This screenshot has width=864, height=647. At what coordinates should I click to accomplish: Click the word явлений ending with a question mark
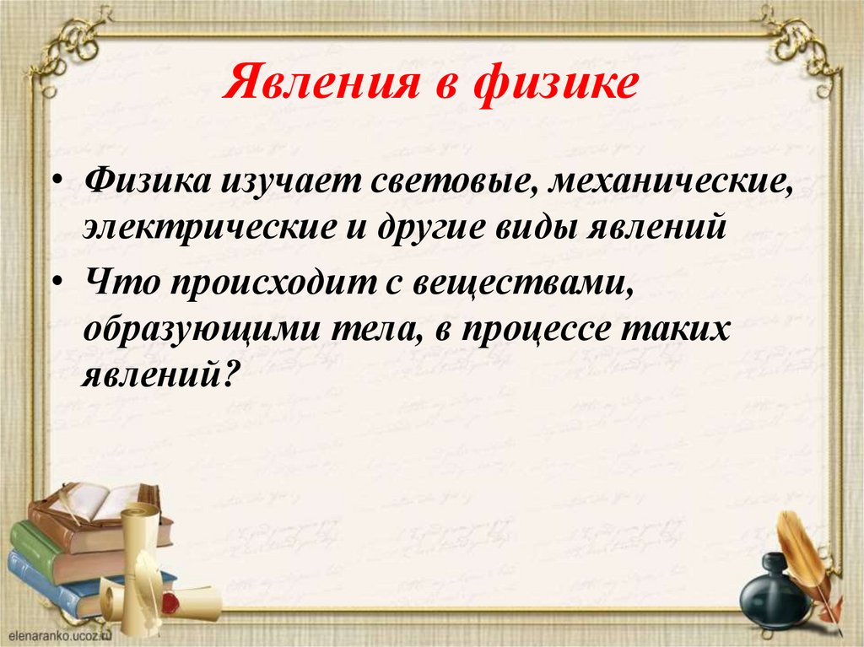coord(157,374)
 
